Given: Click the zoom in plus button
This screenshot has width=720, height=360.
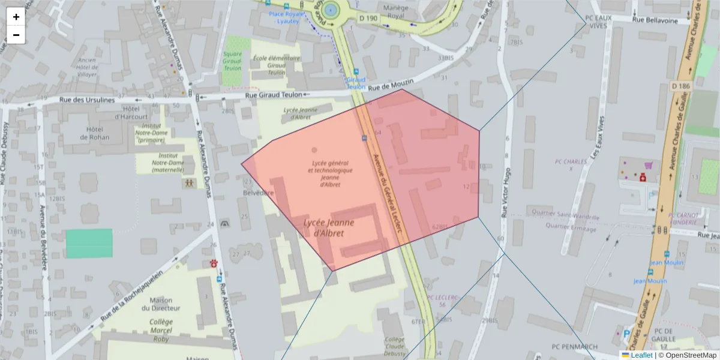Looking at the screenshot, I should coord(16,17).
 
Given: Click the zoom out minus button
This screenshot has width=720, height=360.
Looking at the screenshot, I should coord(16,35).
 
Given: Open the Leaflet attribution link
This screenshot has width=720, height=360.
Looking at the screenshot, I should coord(641,355).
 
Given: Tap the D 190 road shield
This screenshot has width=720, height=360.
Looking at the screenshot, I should coord(368,19).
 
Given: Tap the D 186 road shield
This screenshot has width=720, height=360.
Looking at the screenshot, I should coord(681,86).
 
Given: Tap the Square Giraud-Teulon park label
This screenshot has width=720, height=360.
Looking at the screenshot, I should coord(232,61).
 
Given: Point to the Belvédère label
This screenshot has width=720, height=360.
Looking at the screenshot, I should coord(258,193).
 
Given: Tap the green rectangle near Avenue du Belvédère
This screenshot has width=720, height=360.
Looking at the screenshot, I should coord(89,243).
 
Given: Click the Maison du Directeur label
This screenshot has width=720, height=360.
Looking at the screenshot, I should coord(161,304).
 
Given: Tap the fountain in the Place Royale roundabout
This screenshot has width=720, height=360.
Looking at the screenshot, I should coord(329,9).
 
